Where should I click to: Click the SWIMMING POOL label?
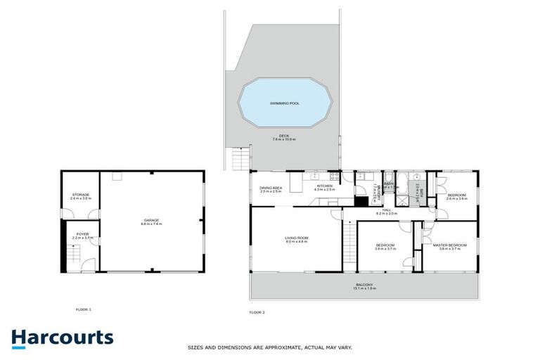285,103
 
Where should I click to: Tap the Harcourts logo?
63,337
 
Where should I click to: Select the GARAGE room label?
151,220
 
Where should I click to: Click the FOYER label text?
82,235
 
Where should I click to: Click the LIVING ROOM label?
297,238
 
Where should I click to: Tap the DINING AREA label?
271,188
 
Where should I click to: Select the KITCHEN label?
323,186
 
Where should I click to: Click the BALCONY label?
364,285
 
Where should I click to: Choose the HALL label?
386,210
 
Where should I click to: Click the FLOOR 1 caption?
84,309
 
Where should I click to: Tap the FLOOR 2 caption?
257,311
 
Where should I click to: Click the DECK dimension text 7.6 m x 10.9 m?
284,139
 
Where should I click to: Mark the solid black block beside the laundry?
361,201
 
